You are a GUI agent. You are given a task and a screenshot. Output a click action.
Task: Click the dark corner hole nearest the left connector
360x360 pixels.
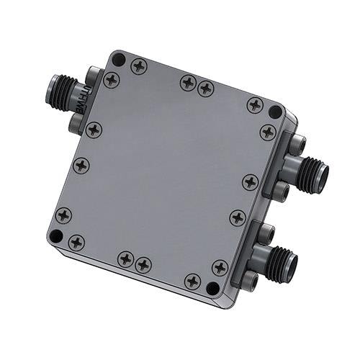(x=120, y=60)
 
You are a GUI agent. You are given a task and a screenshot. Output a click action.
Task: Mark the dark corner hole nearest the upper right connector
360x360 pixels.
(x=275, y=112)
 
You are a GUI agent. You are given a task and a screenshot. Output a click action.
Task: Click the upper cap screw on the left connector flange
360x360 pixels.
(x=92, y=74)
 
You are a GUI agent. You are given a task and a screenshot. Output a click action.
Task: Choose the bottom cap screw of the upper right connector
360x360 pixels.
(x=282, y=192)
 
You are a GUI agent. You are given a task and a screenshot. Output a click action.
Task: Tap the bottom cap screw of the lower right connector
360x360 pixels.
(x=249, y=280)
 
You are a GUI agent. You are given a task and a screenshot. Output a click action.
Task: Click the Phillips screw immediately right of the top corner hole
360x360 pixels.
(x=139, y=66)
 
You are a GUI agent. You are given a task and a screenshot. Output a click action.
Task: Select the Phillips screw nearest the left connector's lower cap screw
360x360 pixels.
(x=94, y=130)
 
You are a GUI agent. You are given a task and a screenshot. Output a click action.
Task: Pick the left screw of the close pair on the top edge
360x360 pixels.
(x=188, y=83)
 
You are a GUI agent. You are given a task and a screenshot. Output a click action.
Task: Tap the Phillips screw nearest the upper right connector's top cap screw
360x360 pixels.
(x=267, y=132)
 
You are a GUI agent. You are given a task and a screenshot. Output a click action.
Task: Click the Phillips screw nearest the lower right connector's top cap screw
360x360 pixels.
(x=238, y=217)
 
